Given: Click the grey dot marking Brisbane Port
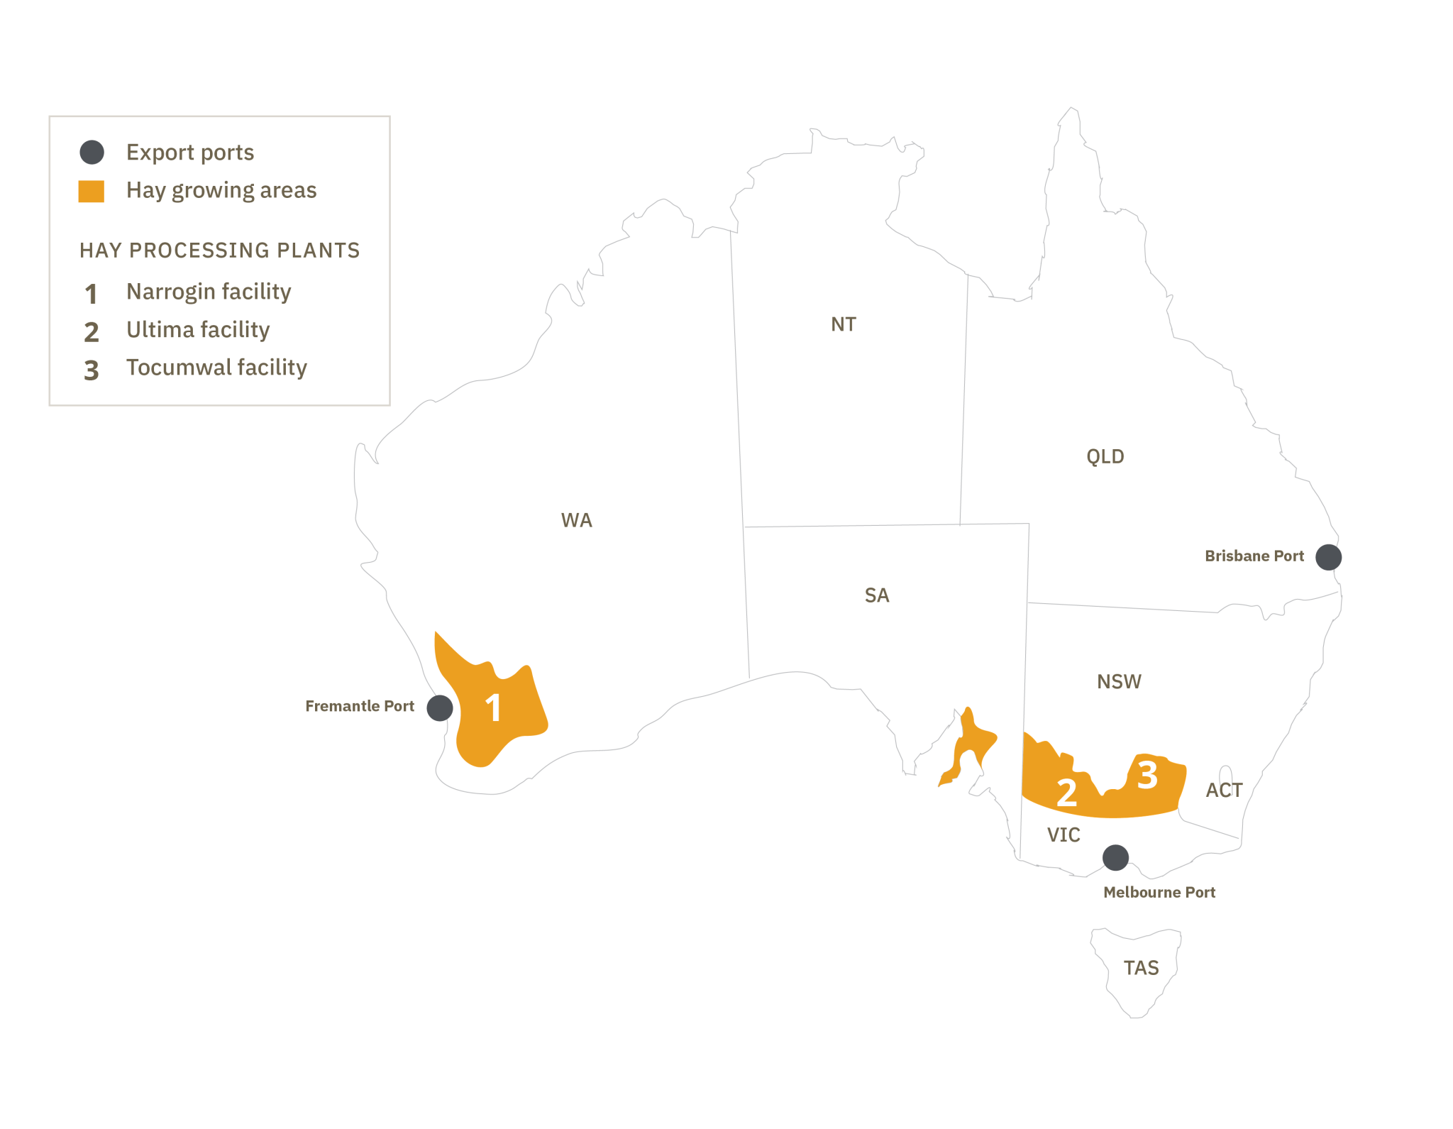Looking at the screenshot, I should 1328,557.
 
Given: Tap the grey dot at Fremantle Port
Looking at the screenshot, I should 440,707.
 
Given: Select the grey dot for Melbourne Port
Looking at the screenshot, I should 1115,858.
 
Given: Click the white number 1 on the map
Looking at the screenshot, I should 493,707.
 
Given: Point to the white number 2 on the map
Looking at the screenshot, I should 1066,793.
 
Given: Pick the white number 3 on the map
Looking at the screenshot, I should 1147,775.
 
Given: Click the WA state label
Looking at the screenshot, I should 576,520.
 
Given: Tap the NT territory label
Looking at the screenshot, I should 843,324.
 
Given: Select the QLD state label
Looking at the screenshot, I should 1105,456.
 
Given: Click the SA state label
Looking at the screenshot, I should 876,595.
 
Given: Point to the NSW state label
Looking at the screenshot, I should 1119,682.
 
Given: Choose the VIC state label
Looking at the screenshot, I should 1063,835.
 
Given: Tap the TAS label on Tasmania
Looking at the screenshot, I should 1141,968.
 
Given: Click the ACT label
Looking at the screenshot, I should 1224,791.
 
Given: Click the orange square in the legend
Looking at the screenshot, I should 91,191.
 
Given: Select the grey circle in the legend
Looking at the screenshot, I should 92,152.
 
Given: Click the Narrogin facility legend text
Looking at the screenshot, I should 209,292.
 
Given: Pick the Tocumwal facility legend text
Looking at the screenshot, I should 216,368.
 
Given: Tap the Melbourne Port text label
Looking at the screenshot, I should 1159,892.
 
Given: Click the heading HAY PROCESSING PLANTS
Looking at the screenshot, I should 219,250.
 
